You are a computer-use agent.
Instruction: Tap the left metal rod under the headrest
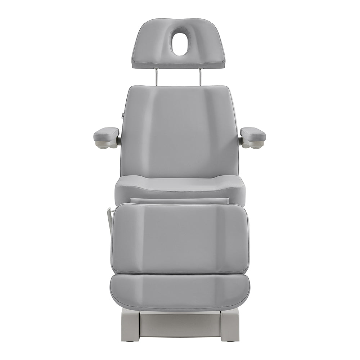tap(157, 77)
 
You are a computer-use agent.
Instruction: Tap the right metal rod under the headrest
tap(201, 77)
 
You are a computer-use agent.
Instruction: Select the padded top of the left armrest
tap(106, 134)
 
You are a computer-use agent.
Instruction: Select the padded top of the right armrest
tap(253, 134)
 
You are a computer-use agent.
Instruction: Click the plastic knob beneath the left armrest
tap(104, 145)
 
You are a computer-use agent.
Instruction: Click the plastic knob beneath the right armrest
tap(255, 145)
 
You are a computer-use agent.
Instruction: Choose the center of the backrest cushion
tap(179, 133)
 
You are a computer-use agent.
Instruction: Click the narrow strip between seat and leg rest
tap(179, 201)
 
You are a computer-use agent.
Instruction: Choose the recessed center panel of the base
tap(179, 324)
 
